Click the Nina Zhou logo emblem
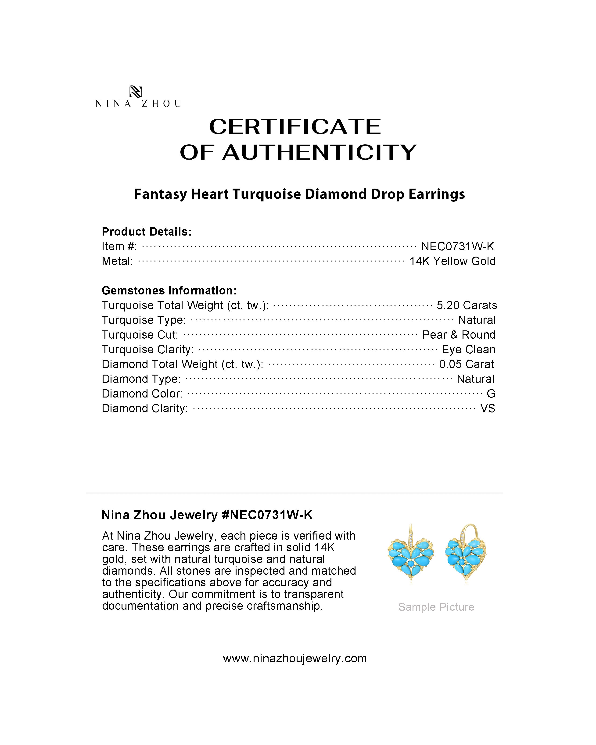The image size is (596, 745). pos(135,92)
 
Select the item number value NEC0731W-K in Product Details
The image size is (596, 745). pos(457,246)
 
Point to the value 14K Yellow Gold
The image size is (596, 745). pos(452,261)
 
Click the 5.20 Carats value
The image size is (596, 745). pos(467,305)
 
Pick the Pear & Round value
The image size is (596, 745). pos(459,334)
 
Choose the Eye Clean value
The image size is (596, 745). pos(469,349)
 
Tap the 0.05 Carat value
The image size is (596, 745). pos(467,364)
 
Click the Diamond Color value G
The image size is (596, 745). pos(491,394)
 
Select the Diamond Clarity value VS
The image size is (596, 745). pos(488,408)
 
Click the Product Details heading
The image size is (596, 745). pos(147,232)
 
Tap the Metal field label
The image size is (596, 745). pos(117,261)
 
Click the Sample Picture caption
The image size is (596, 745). pos(436,607)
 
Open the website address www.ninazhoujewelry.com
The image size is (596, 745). pos(295,658)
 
